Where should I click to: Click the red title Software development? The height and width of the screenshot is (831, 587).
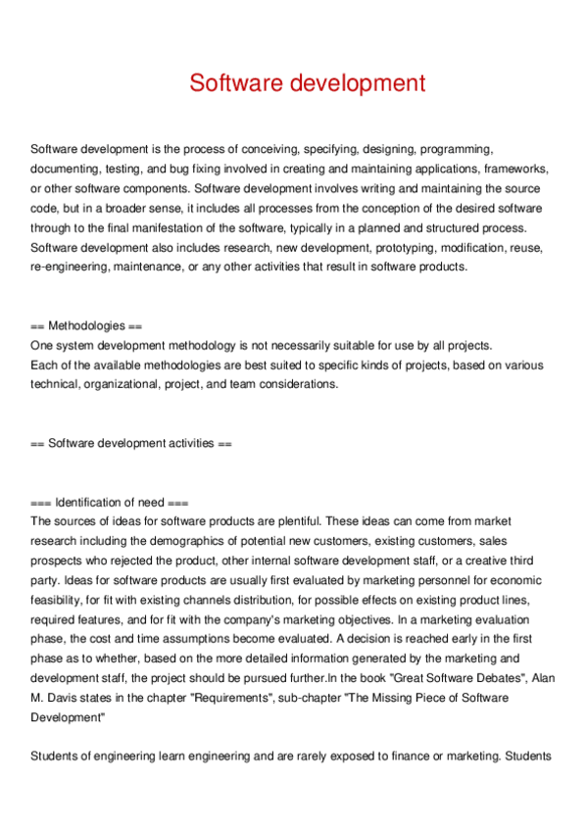[308, 82]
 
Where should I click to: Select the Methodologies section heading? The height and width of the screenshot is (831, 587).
[87, 325]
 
